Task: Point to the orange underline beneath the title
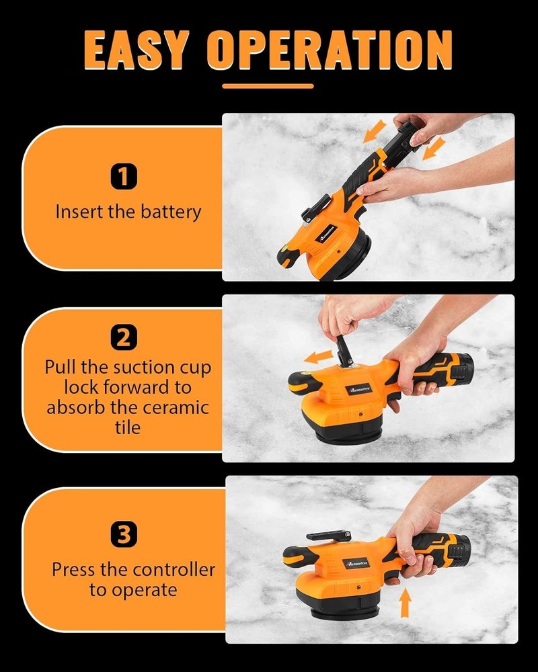point(268,86)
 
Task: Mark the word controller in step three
point(174,570)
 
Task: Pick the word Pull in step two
point(59,368)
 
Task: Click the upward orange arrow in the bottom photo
point(405,603)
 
